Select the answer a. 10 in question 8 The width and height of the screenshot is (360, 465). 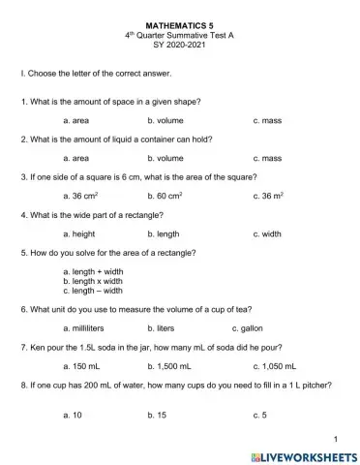72,415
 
